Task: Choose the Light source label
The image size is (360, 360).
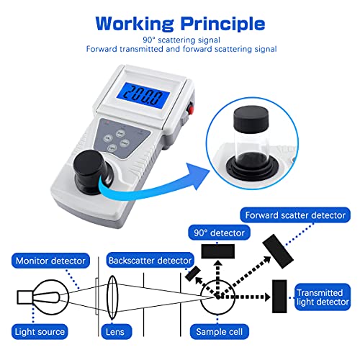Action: pyautogui.click(x=40, y=332)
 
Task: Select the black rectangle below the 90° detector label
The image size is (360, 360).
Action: pyautogui.click(x=218, y=251)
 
